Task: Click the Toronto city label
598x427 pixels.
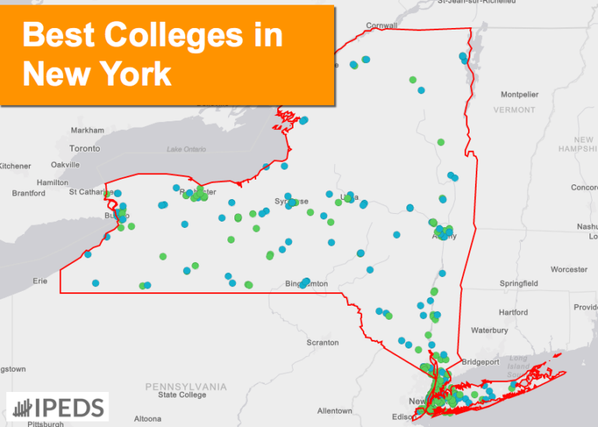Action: pyautogui.click(x=84, y=148)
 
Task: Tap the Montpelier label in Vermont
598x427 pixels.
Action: pyautogui.click(x=519, y=94)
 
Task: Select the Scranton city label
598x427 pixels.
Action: pyautogui.click(x=322, y=342)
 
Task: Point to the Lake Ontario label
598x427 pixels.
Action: pyautogui.click(x=186, y=149)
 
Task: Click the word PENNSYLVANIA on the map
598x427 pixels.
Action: pyautogui.click(x=186, y=387)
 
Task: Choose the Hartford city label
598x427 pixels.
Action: pyautogui.click(x=513, y=313)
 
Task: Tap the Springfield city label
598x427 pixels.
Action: pyautogui.click(x=519, y=283)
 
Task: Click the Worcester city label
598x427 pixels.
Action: pyautogui.click(x=568, y=269)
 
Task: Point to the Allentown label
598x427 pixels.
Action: pyautogui.click(x=334, y=410)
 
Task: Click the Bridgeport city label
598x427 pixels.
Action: pyautogui.click(x=480, y=362)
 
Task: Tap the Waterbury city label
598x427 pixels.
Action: pyautogui.click(x=489, y=331)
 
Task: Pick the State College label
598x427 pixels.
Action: pyautogui.click(x=182, y=395)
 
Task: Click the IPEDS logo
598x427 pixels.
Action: pyautogui.click(x=58, y=407)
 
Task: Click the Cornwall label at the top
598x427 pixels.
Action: pyautogui.click(x=381, y=25)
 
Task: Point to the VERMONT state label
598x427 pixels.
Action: pyautogui.click(x=514, y=110)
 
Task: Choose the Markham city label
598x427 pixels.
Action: pyautogui.click(x=87, y=130)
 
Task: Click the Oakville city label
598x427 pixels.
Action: pyautogui.click(x=65, y=165)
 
